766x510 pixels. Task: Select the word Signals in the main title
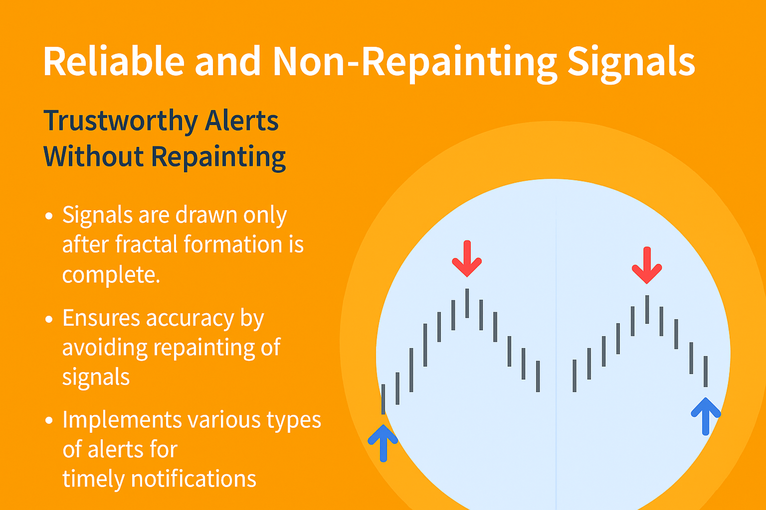click(x=631, y=64)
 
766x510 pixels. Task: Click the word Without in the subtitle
click(x=93, y=156)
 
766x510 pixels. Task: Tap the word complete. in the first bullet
click(x=111, y=275)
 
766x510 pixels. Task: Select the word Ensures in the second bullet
click(x=101, y=318)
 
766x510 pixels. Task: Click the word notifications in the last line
click(x=193, y=478)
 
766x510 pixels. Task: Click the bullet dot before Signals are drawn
click(x=49, y=216)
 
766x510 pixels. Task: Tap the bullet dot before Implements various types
click(x=49, y=420)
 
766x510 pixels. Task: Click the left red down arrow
click(x=467, y=258)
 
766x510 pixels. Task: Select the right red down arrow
click(x=647, y=265)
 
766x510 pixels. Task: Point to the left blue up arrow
click(x=383, y=443)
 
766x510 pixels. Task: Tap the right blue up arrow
click(x=706, y=416)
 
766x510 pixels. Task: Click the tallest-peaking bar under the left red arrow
click(x=467, y=303)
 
